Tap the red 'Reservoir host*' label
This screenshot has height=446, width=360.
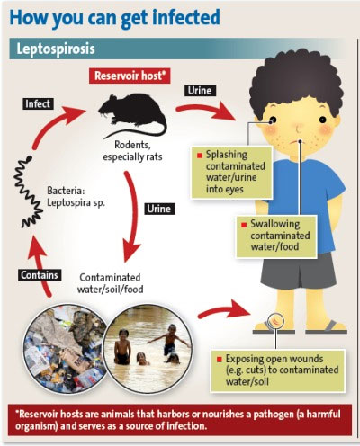coord(130,76)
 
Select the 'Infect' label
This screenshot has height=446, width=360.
coord(38,103)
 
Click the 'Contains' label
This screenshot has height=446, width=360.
coord(40,275)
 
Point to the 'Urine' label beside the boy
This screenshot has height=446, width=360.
coord(200,90)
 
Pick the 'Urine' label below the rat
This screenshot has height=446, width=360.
coord(159,209)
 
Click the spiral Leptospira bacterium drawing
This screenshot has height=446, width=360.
coord(28,192)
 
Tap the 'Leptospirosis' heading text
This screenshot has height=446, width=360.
coord(56,49)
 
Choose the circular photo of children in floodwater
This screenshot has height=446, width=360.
coord(148,348)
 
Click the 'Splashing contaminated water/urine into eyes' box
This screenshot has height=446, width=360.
coord(232,173)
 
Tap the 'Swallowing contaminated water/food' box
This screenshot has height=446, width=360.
coord(276,236)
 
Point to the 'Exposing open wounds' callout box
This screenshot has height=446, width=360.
coord(278,370)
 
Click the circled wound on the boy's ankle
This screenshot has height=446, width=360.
coord(275,321)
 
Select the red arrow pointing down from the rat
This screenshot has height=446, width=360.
coord(132,216)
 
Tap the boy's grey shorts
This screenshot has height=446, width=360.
coord(299,272)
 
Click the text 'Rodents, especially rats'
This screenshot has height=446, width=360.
coord(132,151)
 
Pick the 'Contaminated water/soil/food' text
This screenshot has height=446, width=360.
coord(111,283)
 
